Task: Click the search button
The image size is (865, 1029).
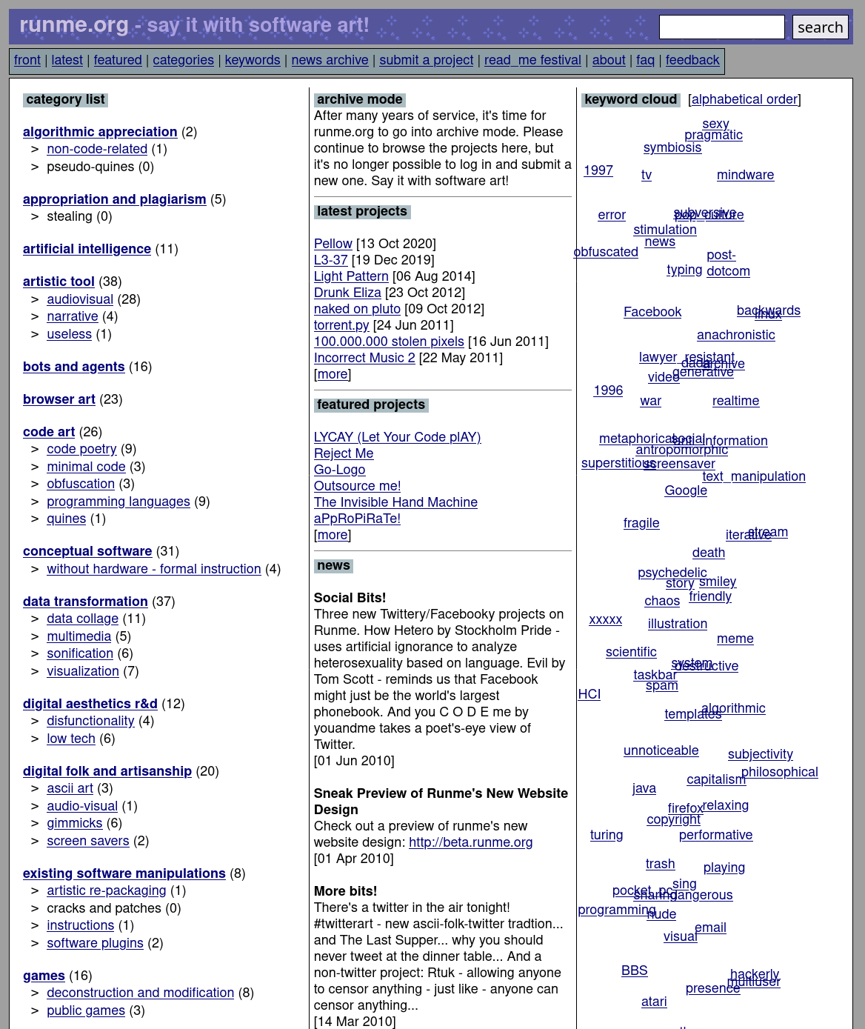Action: [x=820, y=27]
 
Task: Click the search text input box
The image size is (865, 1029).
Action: [x=721, y=27]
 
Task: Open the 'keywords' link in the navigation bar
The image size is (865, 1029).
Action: [x=253, y=60]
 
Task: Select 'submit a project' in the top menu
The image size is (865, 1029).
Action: [x=426, y=60]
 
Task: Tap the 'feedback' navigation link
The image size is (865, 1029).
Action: [x=692, y=60]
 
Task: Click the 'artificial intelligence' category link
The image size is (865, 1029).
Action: [x=87, y=249]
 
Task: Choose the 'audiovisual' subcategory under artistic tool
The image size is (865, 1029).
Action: [x=80, y=299]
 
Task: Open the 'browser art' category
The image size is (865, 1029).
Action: [x=59, y=399]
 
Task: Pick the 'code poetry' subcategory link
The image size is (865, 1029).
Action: [x=81, y=449]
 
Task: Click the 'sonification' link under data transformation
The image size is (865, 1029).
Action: [x=80, y=653]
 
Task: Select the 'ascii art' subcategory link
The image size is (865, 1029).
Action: [x=70, y=788]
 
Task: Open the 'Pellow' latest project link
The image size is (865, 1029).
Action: [x=333, y=244]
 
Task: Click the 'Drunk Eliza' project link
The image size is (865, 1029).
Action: [x=347, y=293]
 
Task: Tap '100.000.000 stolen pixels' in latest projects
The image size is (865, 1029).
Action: [x=389, y=342]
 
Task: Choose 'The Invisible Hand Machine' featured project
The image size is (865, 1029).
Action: [x=395, y=502]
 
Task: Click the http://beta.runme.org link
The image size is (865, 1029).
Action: [x=470, y=842]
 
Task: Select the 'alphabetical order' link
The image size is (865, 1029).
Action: [x=744, y=99]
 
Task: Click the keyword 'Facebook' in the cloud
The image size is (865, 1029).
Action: [x=652, y=312]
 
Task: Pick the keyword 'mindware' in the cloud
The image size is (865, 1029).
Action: [x=745, y=175]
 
